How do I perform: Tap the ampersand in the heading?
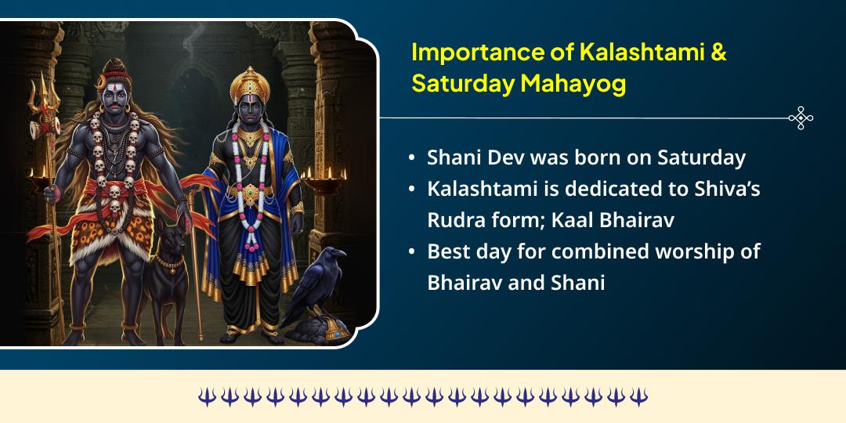(718, 52)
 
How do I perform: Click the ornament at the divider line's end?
(800, 118)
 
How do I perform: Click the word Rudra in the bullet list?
(455, 220)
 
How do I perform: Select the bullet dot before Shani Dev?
(412, 157)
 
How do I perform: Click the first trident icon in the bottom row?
(206, 396)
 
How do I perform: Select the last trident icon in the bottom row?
(639, 396)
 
